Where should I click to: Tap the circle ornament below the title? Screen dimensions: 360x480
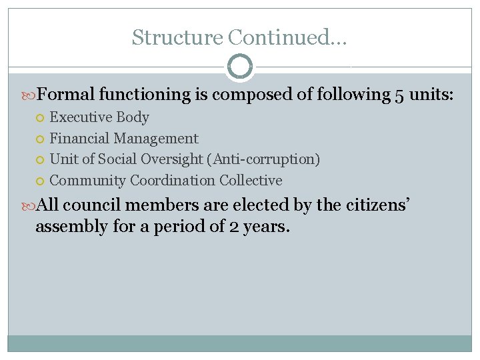[x=240, y=67]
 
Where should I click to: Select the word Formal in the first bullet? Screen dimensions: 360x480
[x=65, y=94]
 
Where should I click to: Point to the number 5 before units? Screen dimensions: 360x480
[x=399, y=95]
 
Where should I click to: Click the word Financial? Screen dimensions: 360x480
[x=80, y=139]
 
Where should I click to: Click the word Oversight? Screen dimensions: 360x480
[x=166, y=159]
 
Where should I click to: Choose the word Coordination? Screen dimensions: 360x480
[x=173, y=181]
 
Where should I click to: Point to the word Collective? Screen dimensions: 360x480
[x=251, y=181]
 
